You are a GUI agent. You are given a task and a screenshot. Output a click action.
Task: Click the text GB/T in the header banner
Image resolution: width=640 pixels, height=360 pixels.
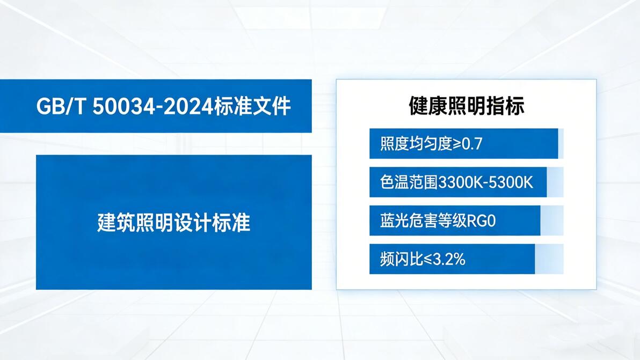(x=61, y=106)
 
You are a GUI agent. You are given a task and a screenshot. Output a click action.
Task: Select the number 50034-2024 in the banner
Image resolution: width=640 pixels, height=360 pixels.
(x=152, y=106)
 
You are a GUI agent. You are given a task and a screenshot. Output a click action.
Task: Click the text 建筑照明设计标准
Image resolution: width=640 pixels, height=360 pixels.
(x=174, y=223)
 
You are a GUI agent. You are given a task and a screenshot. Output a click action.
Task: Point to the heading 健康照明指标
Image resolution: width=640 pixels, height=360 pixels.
(x=467, y=106)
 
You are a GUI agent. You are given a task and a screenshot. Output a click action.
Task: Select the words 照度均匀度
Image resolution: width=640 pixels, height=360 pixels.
(x=416, y=143)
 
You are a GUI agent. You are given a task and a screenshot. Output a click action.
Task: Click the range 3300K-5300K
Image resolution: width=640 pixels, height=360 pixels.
(x=486, y=182)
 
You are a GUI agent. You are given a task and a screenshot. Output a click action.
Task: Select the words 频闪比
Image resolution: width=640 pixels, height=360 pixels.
(x=402, y=259)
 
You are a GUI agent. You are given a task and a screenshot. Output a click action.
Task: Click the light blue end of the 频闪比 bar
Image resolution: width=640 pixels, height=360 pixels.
(x=549, y=259)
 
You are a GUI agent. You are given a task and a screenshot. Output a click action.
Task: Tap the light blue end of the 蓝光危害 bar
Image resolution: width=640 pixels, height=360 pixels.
(x=552, y=221)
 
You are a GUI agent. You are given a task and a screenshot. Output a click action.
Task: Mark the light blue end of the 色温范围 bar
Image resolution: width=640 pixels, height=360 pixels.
(x=555, y=182)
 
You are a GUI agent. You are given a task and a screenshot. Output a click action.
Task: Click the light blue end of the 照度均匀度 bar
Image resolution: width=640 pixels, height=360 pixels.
(x=561, y=143)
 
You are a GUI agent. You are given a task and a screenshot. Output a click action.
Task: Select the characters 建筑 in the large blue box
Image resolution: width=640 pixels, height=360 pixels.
(x=116, y=223)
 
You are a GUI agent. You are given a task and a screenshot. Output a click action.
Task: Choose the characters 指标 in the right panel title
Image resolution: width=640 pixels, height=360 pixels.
(x=505, y=106)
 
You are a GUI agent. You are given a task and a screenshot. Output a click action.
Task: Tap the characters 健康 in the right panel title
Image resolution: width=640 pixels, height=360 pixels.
(x=428, y=106)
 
